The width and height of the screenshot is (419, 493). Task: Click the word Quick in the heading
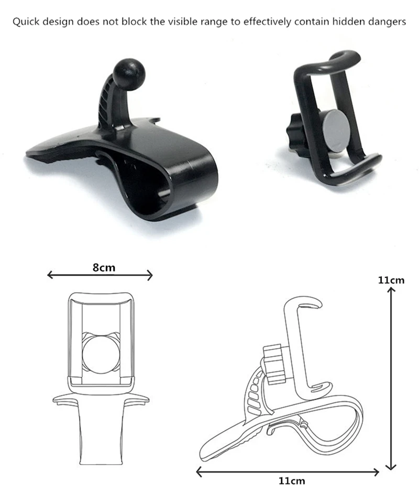point(26,22)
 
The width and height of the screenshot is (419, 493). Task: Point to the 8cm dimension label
point(104,267)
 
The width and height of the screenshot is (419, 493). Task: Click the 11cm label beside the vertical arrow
point(391,280)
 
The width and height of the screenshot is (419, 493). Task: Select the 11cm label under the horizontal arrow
point(292,481)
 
